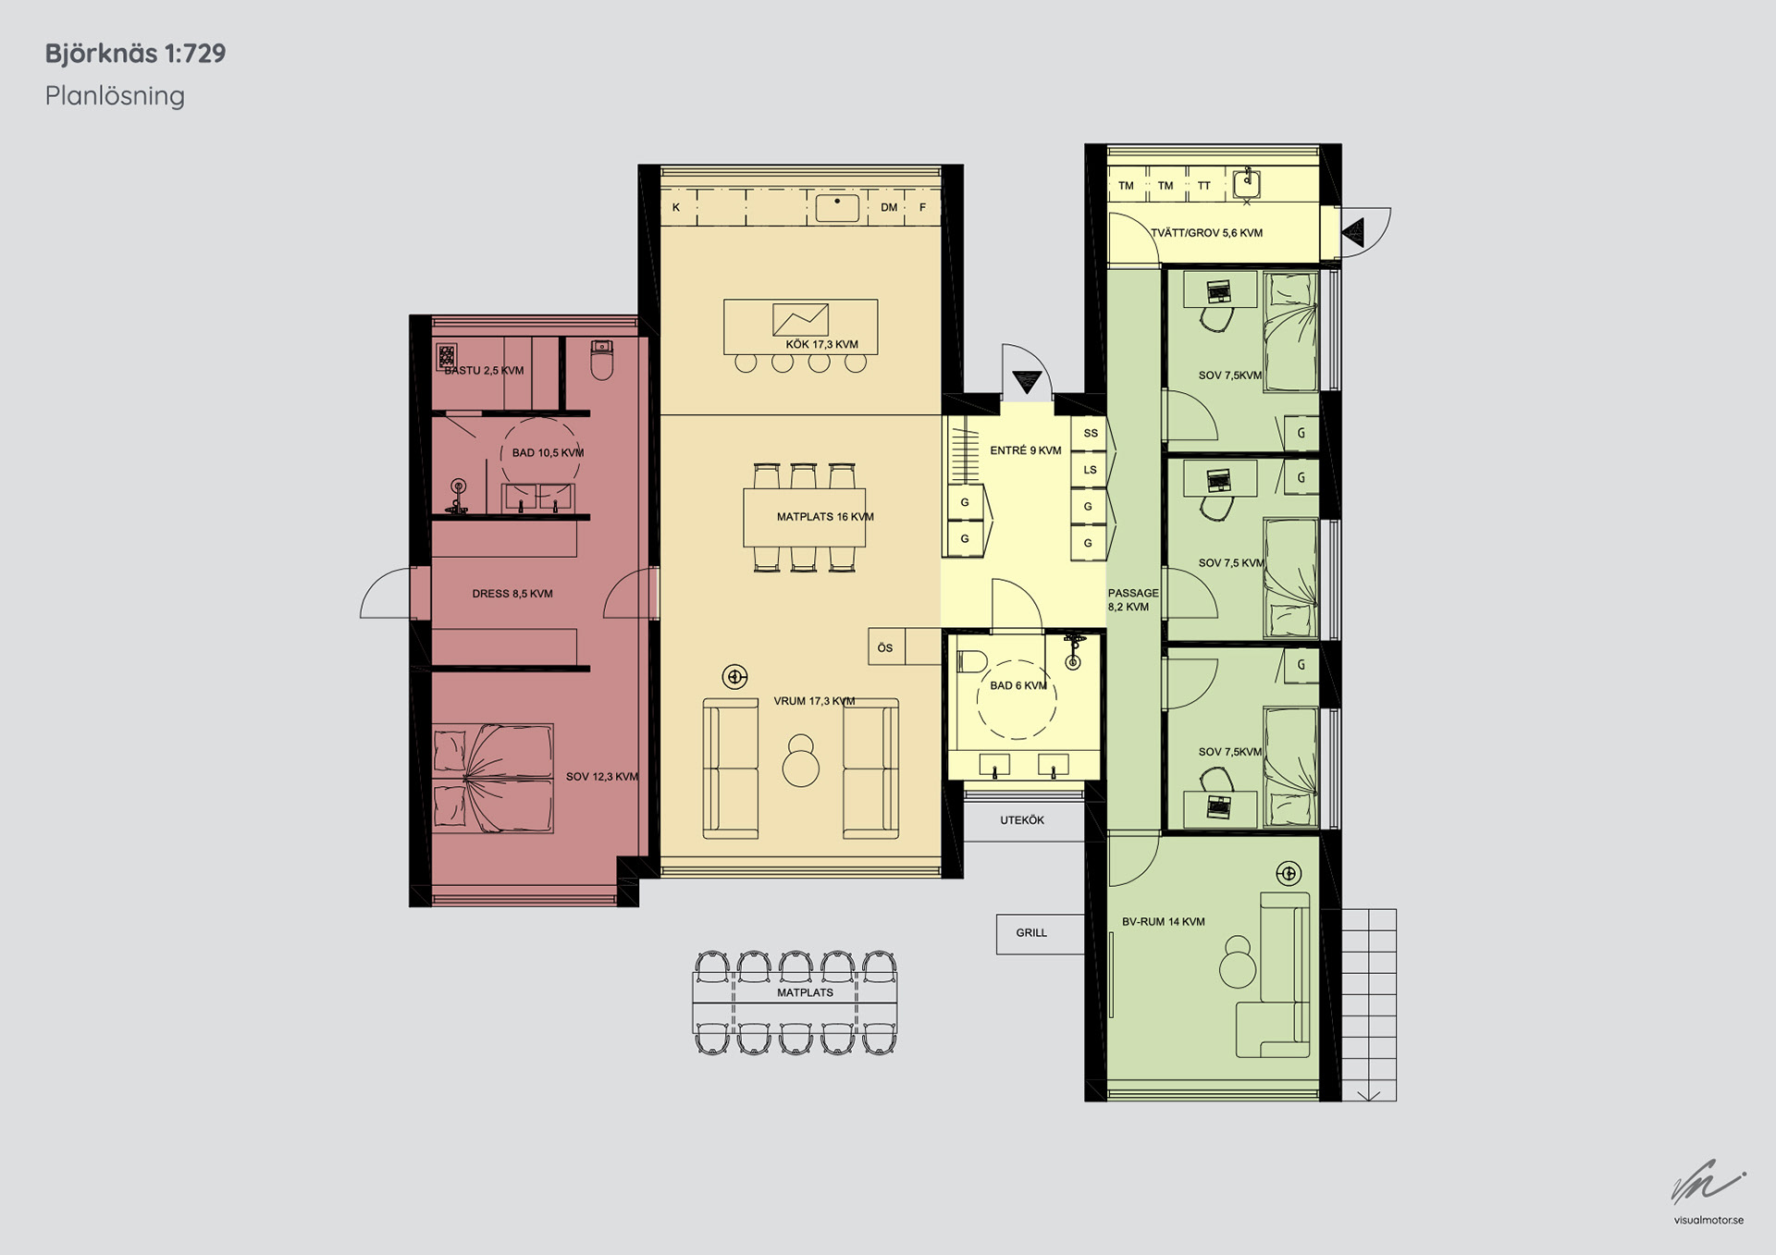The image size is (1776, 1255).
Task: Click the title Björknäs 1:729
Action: [x=135, y=54]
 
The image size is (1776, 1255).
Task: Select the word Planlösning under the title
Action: [x=115, y=96]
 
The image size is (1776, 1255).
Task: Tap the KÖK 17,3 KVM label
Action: [x=821, y=344]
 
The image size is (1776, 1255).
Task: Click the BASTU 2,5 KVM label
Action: [x=484, y=371]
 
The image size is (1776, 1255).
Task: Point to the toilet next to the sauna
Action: [x=601, y=360]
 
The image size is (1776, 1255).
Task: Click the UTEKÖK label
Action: [x=1022, y=820]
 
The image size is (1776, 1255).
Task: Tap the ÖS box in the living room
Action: [x=886, y=646]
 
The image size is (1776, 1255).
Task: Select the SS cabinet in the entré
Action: [x=1091, y=433]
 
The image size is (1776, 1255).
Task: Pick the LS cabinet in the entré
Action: [x=1091, y=470]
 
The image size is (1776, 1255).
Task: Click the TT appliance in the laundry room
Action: [x=1204, y=185]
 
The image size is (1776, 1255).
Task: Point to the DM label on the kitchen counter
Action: [x=889, y=207]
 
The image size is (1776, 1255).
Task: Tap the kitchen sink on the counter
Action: [x=837, y=207]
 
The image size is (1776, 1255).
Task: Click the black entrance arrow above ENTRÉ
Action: [x=1027, y=380]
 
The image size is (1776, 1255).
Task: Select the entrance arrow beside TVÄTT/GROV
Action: [x=1353, y=231]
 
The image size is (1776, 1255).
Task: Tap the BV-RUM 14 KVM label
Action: [x=1163, y=922]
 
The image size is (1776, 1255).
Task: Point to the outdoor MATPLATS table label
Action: [x=805, y=992]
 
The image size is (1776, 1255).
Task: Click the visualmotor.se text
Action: [x=1708, y=1220]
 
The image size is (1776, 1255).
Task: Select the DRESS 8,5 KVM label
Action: [x=512, y=594]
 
